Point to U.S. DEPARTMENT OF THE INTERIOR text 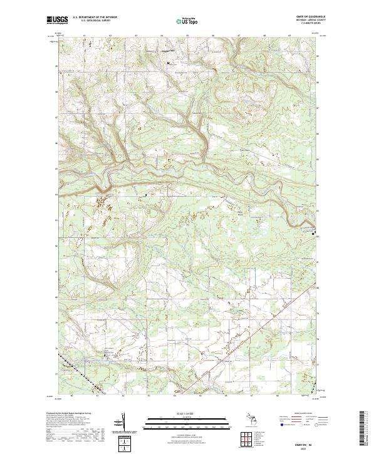(100, 18)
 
